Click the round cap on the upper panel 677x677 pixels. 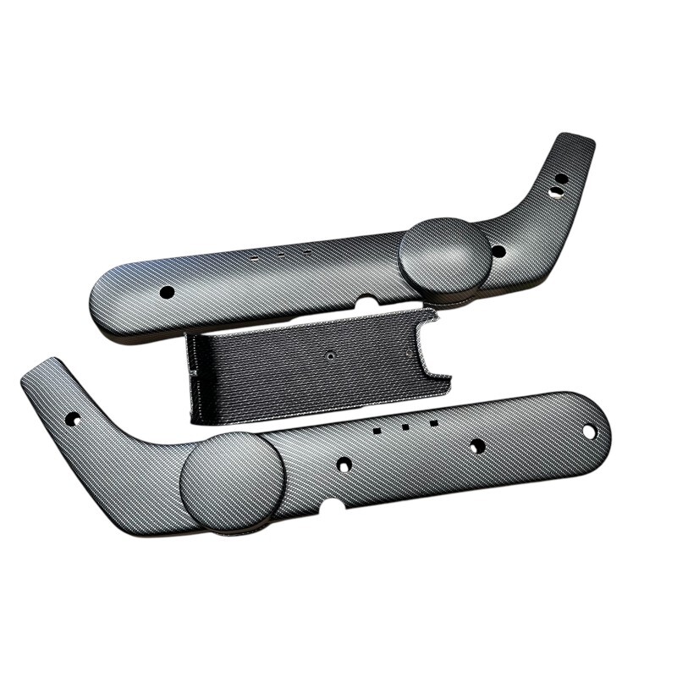coord(445,256)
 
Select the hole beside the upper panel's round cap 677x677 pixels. coord(498,251)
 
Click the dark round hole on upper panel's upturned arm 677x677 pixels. coord(561,179)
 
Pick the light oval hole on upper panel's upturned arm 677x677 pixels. coord(555,193)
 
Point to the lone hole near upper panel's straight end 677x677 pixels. coord(167,292)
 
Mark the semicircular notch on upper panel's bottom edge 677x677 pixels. coord(367,300)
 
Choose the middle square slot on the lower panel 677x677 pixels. coord(405,427)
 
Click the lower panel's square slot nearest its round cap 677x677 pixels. coord(376,430)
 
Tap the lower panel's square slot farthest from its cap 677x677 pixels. coord(433,422)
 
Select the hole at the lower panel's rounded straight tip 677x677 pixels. coord(589,432)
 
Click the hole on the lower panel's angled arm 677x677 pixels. coord(73,419)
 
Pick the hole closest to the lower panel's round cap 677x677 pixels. coord(344,465)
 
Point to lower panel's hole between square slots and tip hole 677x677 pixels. coord(477,446)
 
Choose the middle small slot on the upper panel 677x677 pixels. coord(279,251)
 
